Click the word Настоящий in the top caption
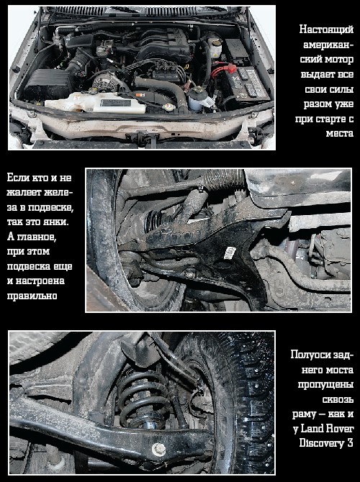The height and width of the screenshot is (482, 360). point(326,29)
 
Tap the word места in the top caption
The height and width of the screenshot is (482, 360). point(340,133)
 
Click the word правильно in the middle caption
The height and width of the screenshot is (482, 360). point(32,296)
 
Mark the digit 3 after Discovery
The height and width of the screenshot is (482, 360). point(350,443)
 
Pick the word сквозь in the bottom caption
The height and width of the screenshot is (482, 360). point(338,399)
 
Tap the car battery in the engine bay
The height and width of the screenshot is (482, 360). point(248,83)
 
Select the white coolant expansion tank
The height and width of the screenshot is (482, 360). point(95,103)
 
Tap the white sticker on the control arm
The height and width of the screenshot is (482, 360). point(230,253)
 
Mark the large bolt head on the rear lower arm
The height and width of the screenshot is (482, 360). point(159,450)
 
